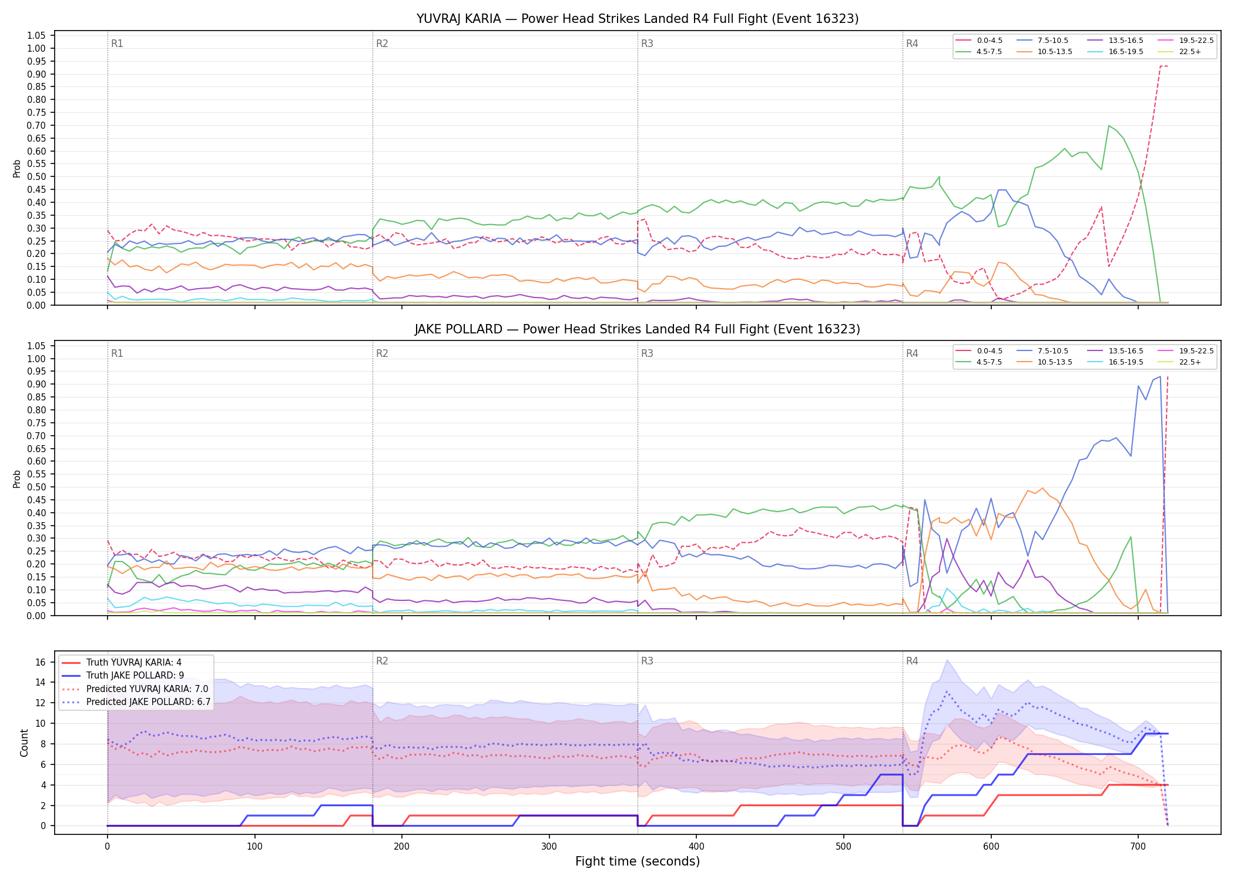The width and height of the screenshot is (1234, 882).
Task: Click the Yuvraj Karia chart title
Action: coord(638,19)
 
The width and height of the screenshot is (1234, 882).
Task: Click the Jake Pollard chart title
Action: coord(638,329)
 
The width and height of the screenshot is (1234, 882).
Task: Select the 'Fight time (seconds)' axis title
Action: coord(638,861)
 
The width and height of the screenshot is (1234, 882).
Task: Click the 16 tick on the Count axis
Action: coord(41,662)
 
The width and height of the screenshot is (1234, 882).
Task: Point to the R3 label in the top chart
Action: coord(647,44)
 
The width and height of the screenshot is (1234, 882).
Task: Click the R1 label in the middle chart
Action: coord(117,353)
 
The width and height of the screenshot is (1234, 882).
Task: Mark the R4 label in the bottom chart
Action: coord(912,661)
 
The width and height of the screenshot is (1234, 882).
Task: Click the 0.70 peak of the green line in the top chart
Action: coord(1109,125)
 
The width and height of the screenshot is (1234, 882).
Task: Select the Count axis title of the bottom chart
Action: coord(24,743)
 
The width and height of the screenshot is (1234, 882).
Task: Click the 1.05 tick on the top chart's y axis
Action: coord(36,36)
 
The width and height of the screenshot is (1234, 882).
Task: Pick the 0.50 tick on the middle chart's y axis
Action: coord(36,487)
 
